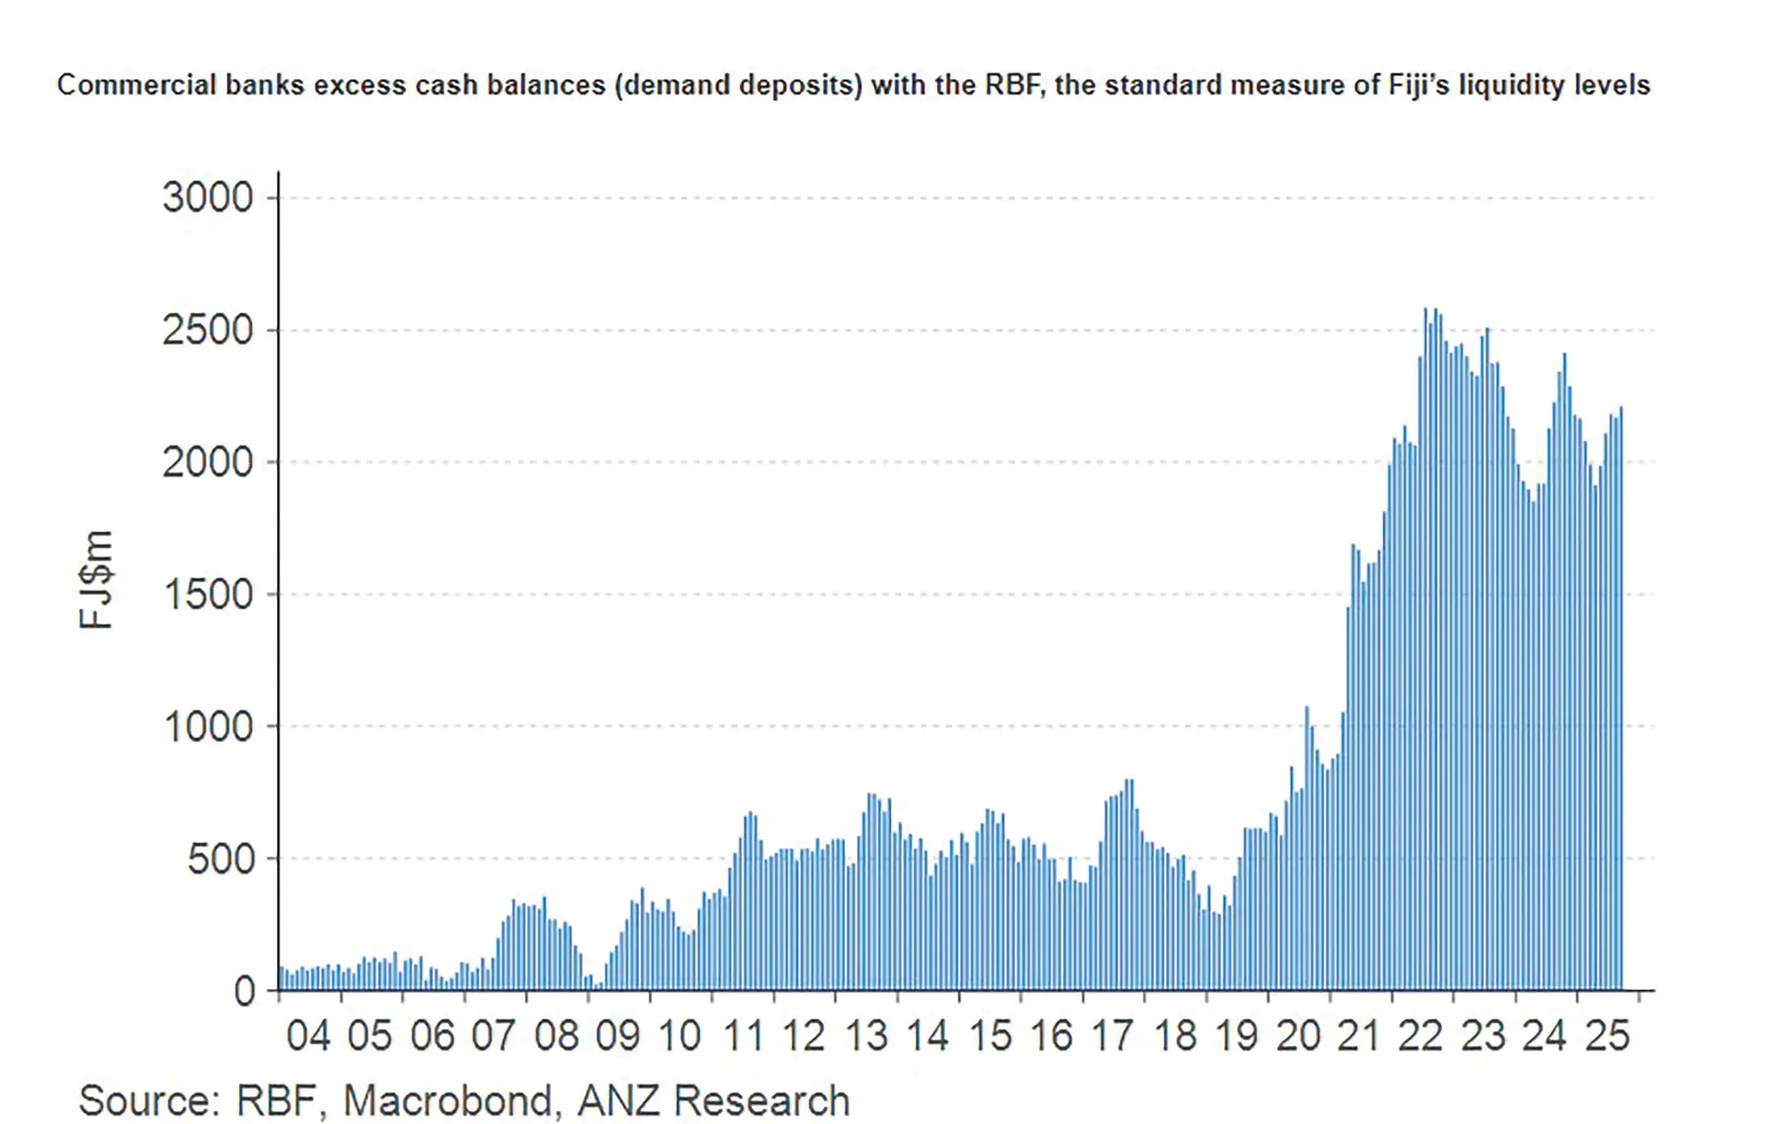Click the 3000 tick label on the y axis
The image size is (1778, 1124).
pos(207,198)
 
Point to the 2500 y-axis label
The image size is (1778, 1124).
pos(207,331)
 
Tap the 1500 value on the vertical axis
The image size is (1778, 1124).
pos(207,594)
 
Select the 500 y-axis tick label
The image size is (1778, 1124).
pos(220,859)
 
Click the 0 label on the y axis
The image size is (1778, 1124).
pos(244,992)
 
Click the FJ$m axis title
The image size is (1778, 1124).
pos(96,581)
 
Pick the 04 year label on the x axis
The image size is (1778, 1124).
pos(307,1036)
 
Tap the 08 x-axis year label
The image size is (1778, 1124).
pos(556,1036)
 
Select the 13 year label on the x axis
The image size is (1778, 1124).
pos(866,1036)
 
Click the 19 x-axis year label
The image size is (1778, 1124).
pos(1236,1036)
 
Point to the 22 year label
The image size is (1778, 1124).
pos(1421,1036)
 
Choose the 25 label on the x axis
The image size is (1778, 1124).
pos(1607,1036)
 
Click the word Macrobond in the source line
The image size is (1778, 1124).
pos(448,1101)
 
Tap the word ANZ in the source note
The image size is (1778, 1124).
pos(618,1101)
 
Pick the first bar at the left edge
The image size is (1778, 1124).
pos(281,979)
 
